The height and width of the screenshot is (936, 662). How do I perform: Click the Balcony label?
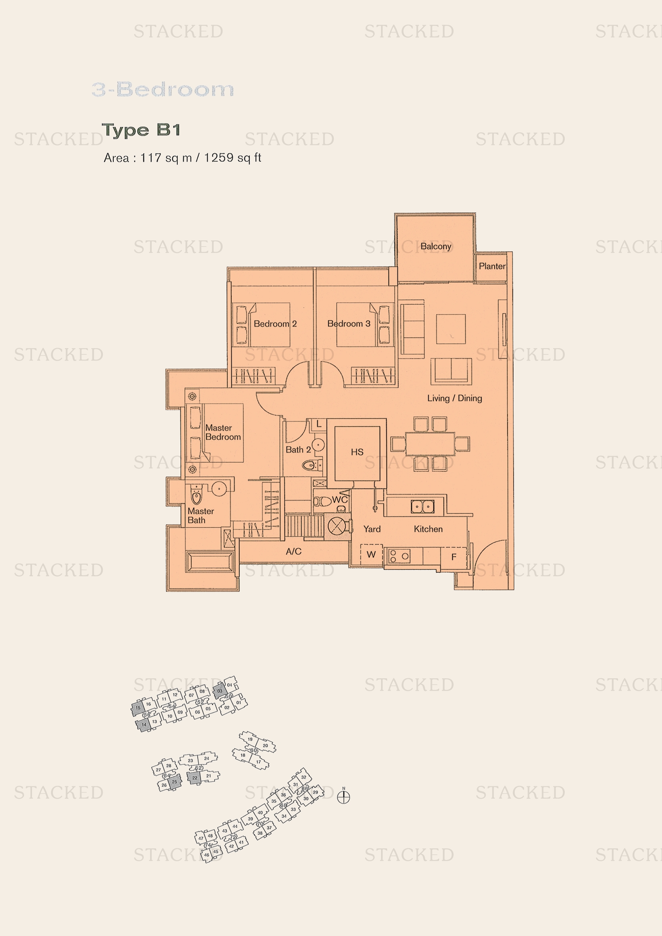435,246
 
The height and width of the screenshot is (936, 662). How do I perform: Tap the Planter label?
491,266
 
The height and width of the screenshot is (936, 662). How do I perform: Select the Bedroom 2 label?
275,324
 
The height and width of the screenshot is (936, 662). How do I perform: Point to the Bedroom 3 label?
349,324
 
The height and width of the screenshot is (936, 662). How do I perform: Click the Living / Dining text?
454,398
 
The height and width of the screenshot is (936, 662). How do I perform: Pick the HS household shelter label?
357,452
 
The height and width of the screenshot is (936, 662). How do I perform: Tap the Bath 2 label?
298,450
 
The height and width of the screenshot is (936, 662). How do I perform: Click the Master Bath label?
200,516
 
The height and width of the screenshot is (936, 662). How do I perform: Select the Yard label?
372,529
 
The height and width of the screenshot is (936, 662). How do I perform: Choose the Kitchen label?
428,529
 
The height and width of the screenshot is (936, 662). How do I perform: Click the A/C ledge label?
293,551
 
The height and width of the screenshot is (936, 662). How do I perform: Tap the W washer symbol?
371,554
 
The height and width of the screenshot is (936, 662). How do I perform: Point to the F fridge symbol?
454,557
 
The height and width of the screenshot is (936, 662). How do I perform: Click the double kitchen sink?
422,507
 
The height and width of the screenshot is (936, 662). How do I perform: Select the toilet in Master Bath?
197,496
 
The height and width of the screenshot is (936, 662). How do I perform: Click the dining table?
430,444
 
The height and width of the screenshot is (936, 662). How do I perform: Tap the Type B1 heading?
141,130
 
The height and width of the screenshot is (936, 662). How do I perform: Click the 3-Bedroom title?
162,89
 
